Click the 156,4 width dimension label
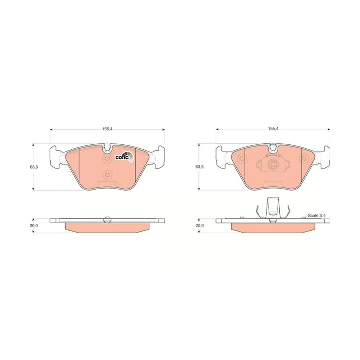click(107, 129)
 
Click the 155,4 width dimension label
click(273, 129)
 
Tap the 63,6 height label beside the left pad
click(34, 167)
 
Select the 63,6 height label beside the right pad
click(199, 167)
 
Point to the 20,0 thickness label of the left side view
click(34, 225)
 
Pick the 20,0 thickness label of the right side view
click(199, 225)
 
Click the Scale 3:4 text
click(317, 216)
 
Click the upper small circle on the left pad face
click(107, 158)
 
